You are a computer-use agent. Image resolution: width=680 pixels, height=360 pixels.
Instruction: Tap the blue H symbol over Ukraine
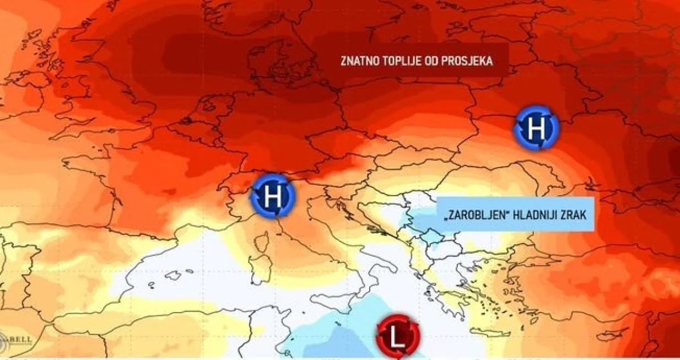click(x=536, y=129)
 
